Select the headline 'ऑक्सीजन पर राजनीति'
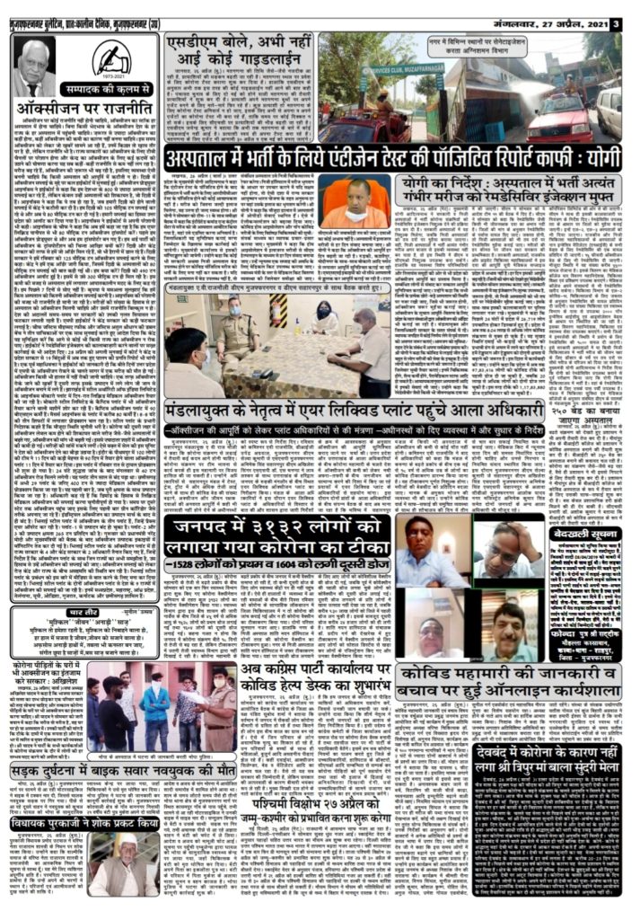(83, 109)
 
